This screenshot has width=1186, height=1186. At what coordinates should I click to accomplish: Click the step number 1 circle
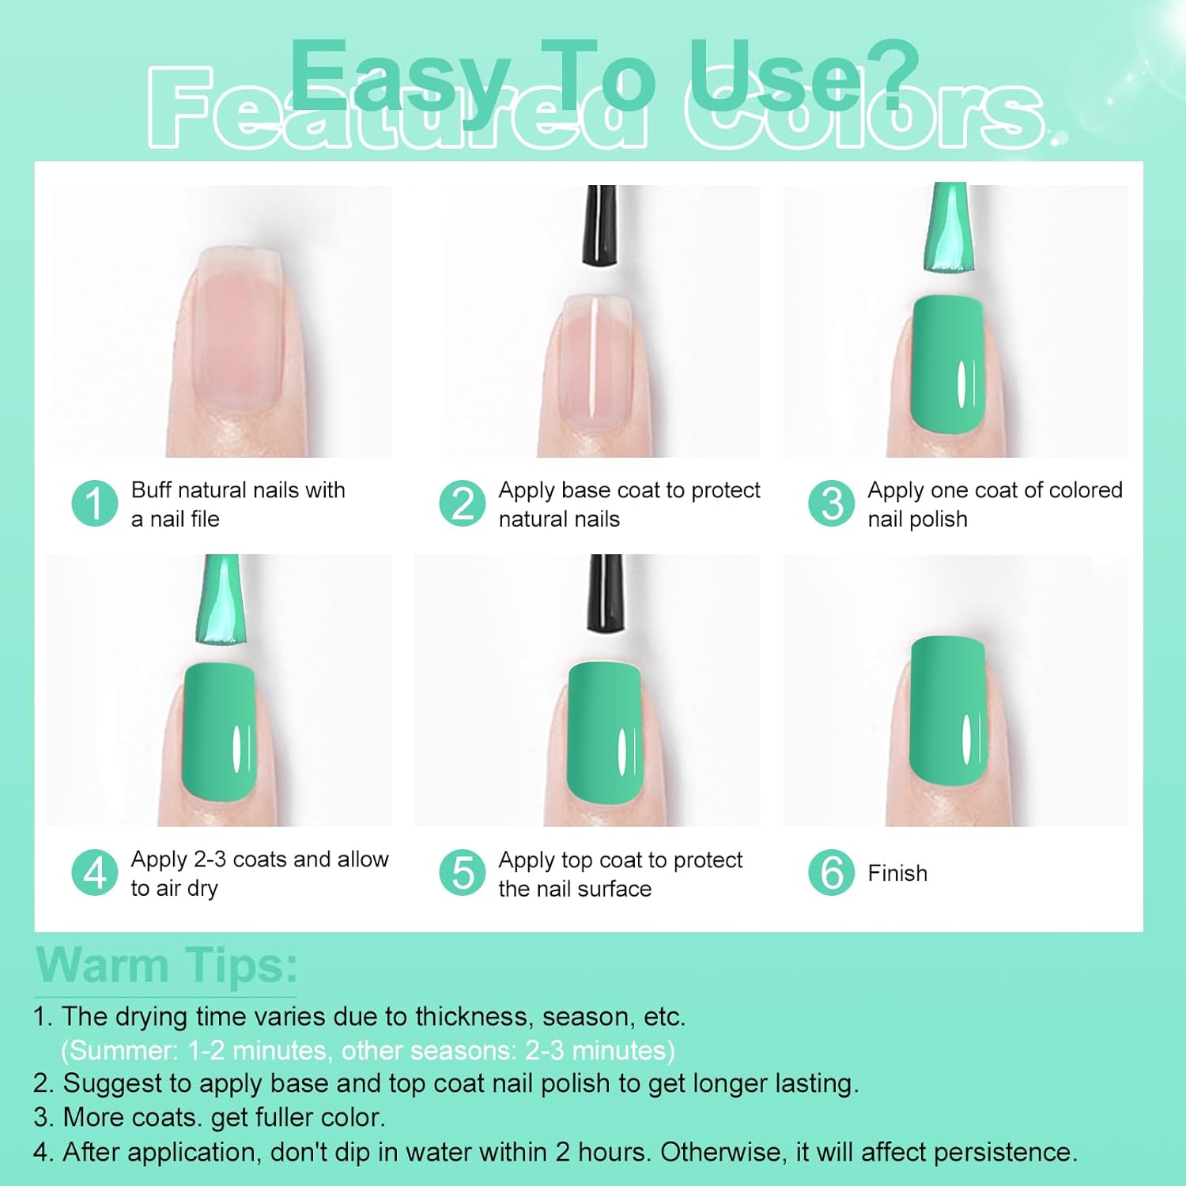(94, 504)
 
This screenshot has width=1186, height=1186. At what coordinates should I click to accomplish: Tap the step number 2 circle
(462, 504)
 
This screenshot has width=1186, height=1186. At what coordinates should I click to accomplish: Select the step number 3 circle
(831, 504)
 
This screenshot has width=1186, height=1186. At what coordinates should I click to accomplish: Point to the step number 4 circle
(94, 873)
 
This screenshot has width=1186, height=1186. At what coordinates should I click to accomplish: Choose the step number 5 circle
(462, 873)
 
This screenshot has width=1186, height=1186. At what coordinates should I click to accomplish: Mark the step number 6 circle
(831, 873)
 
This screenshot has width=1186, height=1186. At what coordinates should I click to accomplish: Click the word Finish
(897, 874)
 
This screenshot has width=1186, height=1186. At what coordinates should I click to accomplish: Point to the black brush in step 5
(606, 593)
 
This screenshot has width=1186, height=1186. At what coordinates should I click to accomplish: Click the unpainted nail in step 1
(237, 328)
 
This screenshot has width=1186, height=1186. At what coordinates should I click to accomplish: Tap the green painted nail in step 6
(948, 712)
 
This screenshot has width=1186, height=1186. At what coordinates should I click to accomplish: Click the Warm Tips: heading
(167, 965)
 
